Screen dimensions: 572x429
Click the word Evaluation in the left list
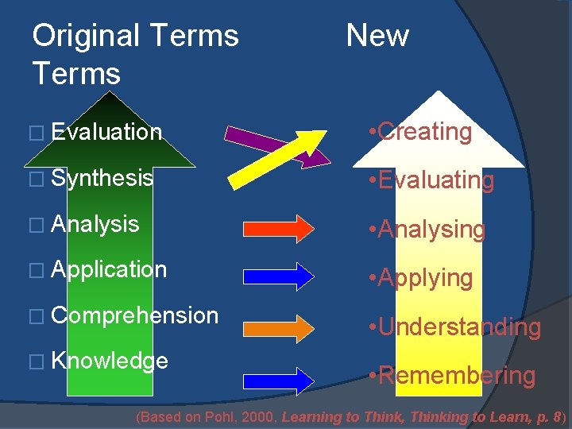[106, 132]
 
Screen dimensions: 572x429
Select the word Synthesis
[102, 178]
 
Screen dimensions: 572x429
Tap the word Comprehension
[133, 315]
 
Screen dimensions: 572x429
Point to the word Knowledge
[110, 361]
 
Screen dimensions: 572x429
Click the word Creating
[425, 131]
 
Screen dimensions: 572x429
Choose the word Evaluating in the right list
[435, 180]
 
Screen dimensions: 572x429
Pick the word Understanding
[459, 327]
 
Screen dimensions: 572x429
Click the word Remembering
[456, 375]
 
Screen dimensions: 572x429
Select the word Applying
[425, 278]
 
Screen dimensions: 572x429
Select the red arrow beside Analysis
[283, 227]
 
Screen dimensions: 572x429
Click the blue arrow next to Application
[283, 276]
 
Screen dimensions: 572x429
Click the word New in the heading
[377, 36]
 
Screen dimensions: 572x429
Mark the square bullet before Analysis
[39, 226]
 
